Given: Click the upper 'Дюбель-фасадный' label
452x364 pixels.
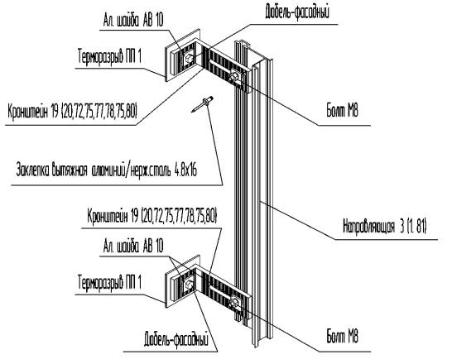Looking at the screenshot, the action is click(297, 12).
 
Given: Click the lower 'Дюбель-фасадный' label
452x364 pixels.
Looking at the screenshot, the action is click(176, 340).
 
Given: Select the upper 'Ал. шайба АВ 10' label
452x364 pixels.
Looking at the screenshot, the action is click(133, 20).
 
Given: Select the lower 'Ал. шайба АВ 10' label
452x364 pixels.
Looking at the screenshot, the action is click(133, 247).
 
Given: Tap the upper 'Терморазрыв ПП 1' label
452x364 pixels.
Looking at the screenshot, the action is click(110, 56).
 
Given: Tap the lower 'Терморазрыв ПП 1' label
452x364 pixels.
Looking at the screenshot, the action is click(110, 282).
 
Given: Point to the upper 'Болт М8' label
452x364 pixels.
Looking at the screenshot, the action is click(342, 111).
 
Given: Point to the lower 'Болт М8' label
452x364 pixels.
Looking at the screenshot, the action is click(342, 337).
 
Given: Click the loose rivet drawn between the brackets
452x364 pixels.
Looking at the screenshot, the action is click(202, 104).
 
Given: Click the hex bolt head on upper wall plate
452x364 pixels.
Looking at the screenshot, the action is click(190, 58).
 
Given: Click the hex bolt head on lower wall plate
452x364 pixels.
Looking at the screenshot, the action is click(190, 285).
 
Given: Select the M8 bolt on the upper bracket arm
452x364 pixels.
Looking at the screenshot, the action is click(234, 76).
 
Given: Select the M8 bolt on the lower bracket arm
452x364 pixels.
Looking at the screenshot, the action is click(234, 302).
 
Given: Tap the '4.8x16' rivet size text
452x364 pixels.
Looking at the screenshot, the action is click(185, 170).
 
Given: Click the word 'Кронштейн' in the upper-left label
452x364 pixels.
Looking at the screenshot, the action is click(27, 111).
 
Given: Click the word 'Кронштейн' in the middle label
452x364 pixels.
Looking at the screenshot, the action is click(108, 215).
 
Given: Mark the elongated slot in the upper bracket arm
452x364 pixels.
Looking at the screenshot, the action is click(220, 65).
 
